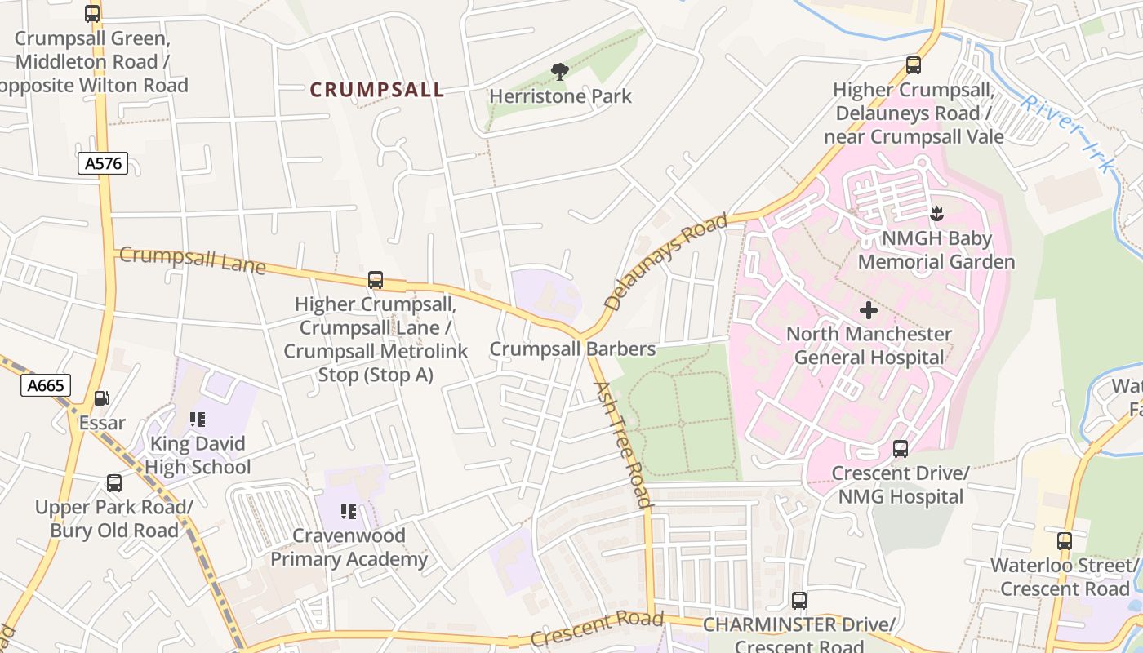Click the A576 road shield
(104, 163)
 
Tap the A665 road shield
(46, 385)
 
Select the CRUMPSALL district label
(377, 90)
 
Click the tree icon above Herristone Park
(559, 72)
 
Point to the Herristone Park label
(560, 96)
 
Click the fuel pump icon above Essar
(102, 398)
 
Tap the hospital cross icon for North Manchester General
(869, 310)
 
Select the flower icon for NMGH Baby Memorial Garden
(936, 214)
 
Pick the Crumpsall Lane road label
(193, 260)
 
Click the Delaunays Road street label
(665, 262)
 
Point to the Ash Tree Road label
(622, 444)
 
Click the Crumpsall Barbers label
(572, 349)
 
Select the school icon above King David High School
(198, 420)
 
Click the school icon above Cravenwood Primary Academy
(349, 512)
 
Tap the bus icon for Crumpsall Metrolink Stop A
(376, 280)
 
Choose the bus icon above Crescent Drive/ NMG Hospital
(900, 449)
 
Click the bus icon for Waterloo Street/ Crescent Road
(1064, 540)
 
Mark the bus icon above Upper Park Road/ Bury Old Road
(114, 483)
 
